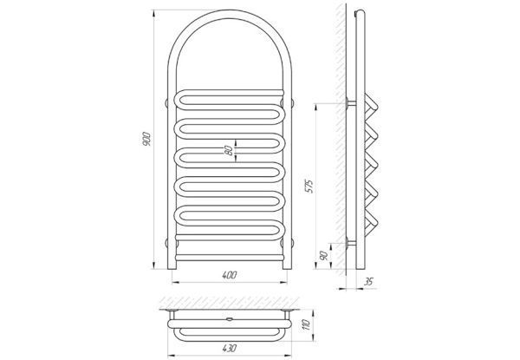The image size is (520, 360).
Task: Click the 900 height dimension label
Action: (x=146, y=140)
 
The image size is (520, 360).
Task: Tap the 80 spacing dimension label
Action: (x=229, y=151)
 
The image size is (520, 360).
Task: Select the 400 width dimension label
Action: (x=230, y=275)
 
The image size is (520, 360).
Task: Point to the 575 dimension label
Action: (x=309, y=187)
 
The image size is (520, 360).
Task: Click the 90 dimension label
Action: (x=323, y=256)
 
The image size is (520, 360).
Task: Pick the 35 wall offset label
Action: (x=368, y=282)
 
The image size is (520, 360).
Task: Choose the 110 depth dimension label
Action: (x=306, y=324)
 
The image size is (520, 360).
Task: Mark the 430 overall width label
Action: (x=229, y=348)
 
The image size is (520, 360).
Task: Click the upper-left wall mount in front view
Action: (x=166, y=103)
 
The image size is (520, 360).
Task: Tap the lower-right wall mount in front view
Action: (x=292, y=243)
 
